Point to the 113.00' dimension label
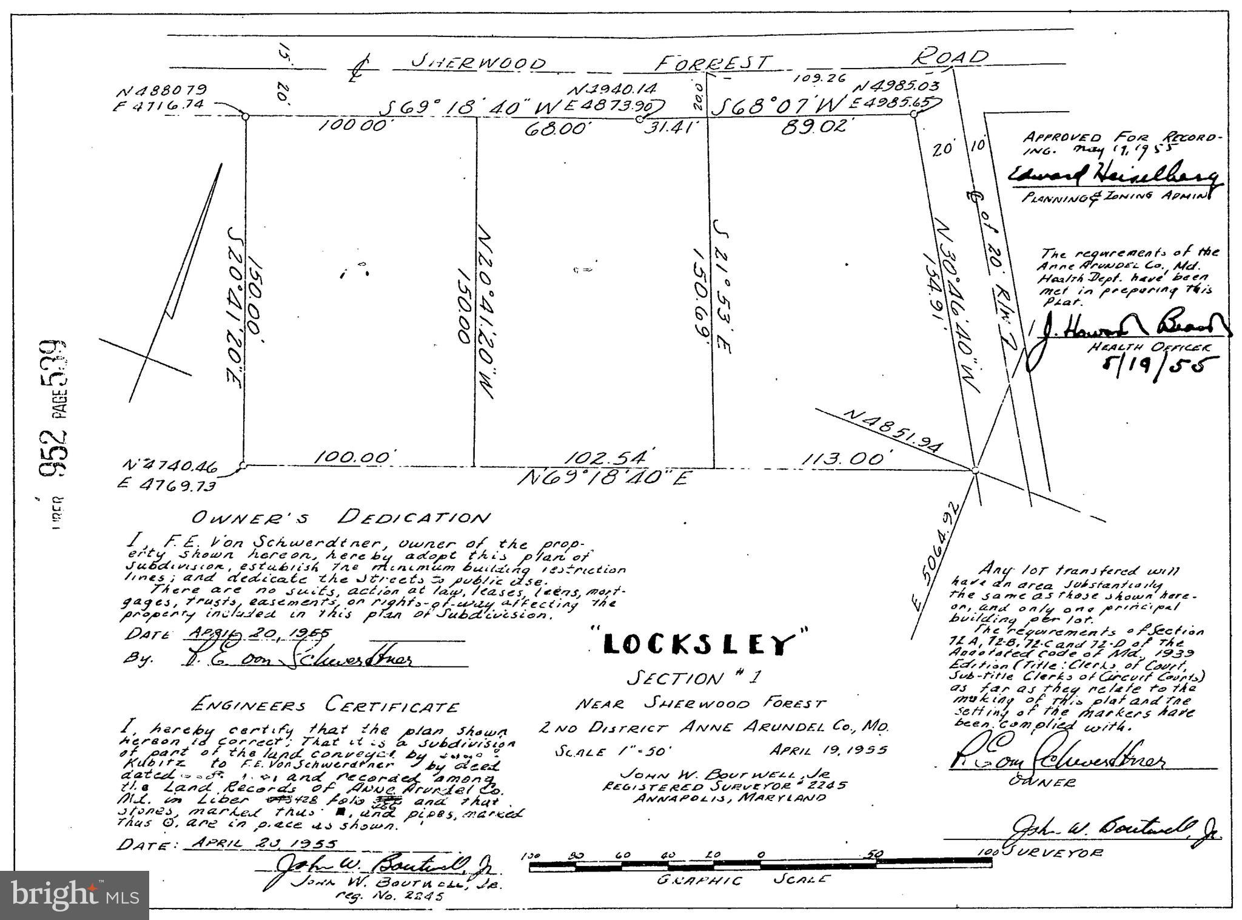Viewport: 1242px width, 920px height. coord(847,459)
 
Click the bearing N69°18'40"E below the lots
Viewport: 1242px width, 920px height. coord(605,478)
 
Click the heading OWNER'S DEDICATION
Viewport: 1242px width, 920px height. coord(340,518)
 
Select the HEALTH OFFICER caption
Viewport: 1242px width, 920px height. coord(1149,347)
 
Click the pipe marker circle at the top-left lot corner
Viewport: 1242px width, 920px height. coord(245,116)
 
